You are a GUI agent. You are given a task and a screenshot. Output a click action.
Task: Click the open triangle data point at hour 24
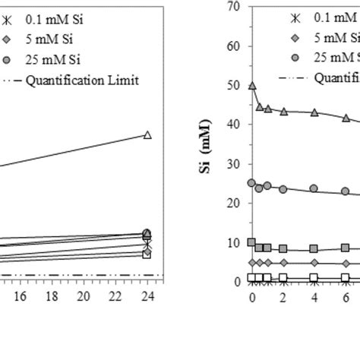point(147,134)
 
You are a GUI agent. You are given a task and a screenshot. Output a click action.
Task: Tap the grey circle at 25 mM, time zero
point(252,182)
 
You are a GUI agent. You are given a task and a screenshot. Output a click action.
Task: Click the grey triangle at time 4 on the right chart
point(314,112)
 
